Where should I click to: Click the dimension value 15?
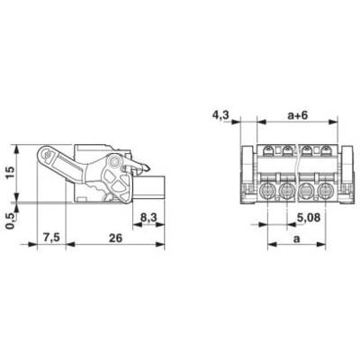(10, 173)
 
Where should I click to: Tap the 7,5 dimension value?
(52, 238)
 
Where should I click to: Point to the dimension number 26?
(115, 238)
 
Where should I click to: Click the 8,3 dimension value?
(148, 218)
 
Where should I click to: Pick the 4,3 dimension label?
(220, 115)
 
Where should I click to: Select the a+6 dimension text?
(298, 115)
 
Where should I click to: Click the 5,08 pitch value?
(309, 218)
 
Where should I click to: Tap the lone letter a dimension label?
(297, 239)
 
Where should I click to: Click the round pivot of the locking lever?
(114, 161)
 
